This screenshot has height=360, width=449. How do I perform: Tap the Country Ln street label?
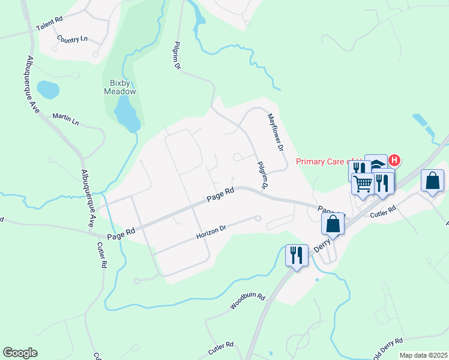click(72, 38)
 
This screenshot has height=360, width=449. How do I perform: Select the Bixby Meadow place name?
click(120, 87)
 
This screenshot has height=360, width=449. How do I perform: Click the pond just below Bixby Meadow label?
click(127, 114)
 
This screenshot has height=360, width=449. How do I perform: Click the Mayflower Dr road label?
click(275, 131)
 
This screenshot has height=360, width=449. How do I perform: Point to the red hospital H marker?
click(394, 160)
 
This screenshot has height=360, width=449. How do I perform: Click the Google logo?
click(20, 353)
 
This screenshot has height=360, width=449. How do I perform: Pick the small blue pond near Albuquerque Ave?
click(48, 90)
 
